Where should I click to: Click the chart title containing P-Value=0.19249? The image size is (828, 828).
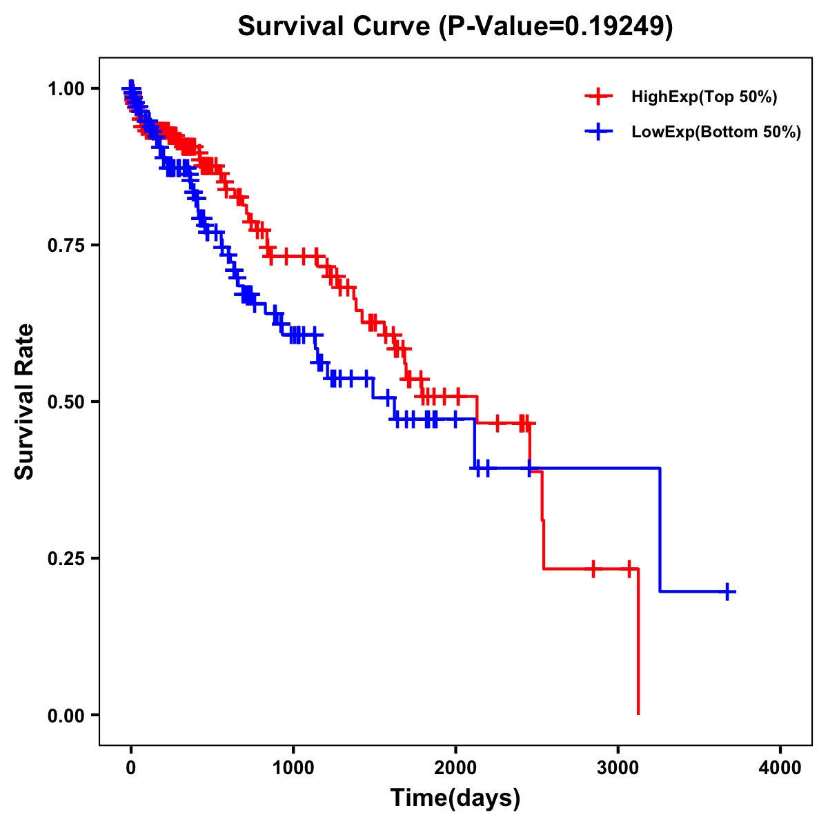pos(455,26)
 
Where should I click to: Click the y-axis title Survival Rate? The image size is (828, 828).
pos(25,401)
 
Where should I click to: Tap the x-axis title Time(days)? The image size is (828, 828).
pos(455,798)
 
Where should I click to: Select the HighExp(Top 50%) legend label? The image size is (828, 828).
pos(704,97)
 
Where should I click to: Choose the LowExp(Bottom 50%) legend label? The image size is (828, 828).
pos(716,132)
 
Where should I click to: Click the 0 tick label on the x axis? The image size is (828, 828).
pos(130,768)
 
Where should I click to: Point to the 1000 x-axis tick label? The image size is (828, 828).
pos(293,768)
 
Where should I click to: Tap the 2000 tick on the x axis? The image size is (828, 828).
pos(455,768)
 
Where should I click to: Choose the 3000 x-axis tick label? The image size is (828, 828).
pos(618,768)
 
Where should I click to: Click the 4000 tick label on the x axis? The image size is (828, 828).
pos(780,768)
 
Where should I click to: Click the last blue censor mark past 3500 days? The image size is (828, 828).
pos(727,591)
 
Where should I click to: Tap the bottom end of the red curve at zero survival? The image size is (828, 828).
pos(638,713)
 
